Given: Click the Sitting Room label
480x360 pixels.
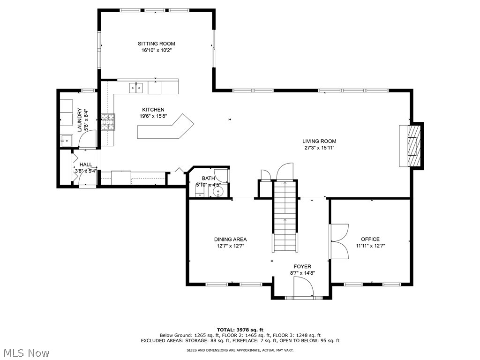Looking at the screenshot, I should click(157, 44).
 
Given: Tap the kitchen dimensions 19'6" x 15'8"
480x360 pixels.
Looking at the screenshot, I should click(153, 116).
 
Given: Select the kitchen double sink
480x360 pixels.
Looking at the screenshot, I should click(136, 87).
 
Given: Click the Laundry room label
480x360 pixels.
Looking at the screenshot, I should click(80, 120).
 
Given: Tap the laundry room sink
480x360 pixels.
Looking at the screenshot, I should click(66, 140).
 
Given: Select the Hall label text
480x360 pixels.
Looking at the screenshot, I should click(86, 165).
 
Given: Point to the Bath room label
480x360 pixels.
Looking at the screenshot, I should click(208, 178).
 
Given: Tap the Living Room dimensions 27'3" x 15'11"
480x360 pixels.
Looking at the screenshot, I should click(319, 148).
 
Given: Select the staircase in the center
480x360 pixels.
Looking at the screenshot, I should click(285, 216).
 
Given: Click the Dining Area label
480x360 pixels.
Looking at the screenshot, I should click(230, 239).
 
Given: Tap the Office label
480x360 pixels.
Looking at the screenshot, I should click(370, 239).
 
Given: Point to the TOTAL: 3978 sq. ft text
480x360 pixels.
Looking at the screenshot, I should click(240, 330).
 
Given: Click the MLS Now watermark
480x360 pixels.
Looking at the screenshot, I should click(26, 352).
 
